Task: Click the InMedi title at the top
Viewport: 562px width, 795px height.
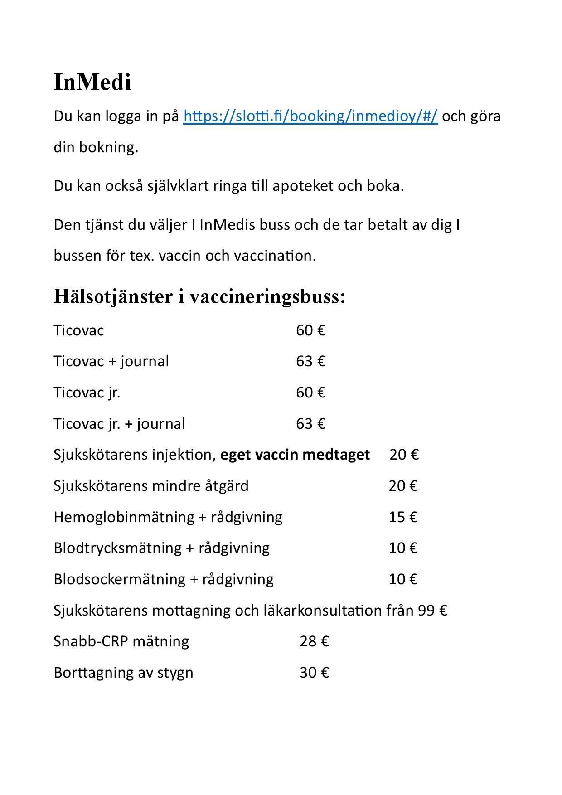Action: [x=92, y=82]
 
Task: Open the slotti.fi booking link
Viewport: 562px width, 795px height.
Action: [x=310, y=116]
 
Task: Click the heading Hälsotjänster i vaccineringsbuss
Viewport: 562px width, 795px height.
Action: [x=199, y=297]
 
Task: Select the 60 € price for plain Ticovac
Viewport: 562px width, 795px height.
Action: [x=310, y=330]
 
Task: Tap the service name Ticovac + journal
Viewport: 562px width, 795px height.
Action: [x=111, y=361]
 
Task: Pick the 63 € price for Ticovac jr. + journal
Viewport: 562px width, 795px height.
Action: [x=310, y=424]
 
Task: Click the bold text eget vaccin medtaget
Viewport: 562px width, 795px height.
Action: [x=295, y=455]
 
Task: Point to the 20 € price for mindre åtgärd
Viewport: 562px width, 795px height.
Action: [x=402, y=486]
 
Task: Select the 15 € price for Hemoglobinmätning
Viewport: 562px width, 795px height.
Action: [x=402, y=517]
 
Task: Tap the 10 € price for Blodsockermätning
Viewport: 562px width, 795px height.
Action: [x=402, y=579]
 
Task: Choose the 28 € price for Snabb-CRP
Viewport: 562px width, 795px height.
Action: [x=314, y=641]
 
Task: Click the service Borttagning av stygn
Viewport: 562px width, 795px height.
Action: [x=123, y=673]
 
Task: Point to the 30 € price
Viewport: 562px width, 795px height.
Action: [x=314, y=673]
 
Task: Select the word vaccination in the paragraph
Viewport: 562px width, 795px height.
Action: [x=274, y=256]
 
